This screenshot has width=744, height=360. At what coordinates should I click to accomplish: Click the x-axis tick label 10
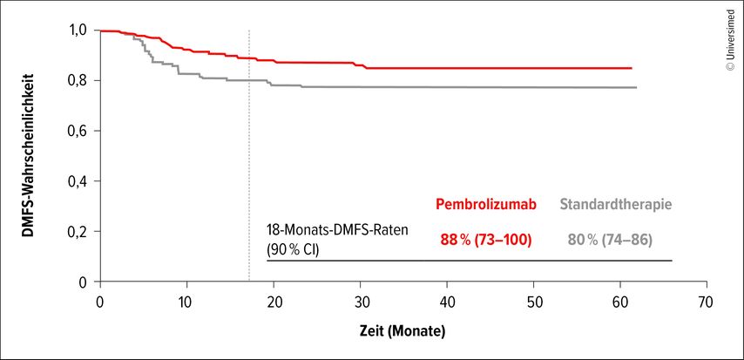tap(187, 302)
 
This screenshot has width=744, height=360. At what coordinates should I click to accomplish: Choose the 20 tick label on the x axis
tap(274, 302)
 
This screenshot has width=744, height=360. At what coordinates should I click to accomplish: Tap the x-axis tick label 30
tap(361, 302)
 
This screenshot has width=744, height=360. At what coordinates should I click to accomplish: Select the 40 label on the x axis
tap(447, 302)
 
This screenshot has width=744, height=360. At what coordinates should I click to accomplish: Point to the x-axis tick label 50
tap(534, 302)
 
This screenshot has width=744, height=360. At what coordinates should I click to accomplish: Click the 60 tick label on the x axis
tap(620, 302)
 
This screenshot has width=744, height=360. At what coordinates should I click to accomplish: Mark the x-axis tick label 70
tap(707, 302)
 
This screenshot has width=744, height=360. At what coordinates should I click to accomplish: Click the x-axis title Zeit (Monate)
tap(401, 332)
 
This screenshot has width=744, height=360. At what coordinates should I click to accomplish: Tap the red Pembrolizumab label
tap(486, 204)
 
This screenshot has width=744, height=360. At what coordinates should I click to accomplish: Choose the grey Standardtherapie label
tap(615, 204)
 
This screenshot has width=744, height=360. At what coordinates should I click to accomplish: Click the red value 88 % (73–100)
tap(485, 240)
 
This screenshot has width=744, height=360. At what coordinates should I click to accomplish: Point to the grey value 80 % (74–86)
tap(610, 240)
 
